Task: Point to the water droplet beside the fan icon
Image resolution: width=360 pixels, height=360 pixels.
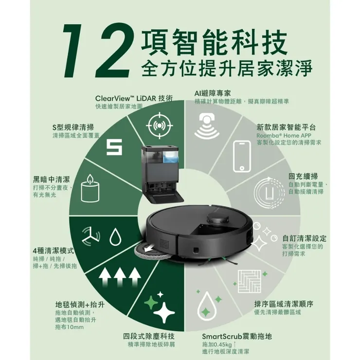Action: tap(115, 237)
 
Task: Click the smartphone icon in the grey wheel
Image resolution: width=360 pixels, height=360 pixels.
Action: tap(242, 156)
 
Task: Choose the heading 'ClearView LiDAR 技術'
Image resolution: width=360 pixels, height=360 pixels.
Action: tap(134, 98)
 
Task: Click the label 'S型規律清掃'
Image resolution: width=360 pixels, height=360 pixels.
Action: tap(73, 127)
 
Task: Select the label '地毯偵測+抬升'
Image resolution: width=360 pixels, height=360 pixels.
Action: tap(80, 305)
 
